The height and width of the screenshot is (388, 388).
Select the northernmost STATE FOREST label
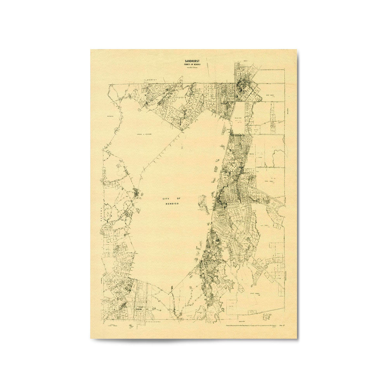coord(270,95)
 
